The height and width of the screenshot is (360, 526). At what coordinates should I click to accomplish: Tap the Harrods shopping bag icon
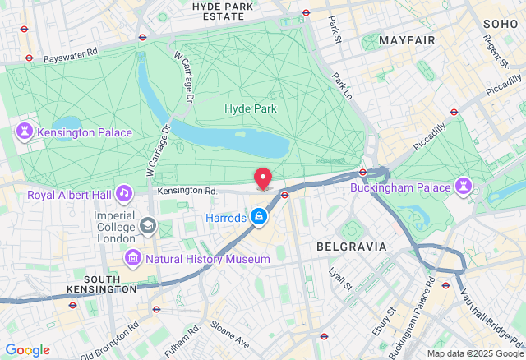coord(259,218)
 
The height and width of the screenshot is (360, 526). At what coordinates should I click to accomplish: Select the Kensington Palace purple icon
coord(25,133)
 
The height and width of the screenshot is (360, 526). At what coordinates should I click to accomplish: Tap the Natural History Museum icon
coord(131,259)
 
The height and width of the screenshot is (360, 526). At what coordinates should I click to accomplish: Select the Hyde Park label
coord(251,108)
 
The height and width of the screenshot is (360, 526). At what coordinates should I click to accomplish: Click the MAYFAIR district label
coord(406,39)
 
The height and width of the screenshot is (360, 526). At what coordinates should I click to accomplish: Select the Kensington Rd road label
coord(186,190)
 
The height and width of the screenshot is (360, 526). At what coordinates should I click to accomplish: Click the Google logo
coord(27,350)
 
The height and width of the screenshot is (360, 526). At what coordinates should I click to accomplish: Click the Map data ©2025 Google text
coord(474,353)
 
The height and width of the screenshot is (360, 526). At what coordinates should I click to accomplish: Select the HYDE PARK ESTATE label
coord(224,11)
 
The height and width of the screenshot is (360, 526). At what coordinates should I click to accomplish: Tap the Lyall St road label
coord(339,278)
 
